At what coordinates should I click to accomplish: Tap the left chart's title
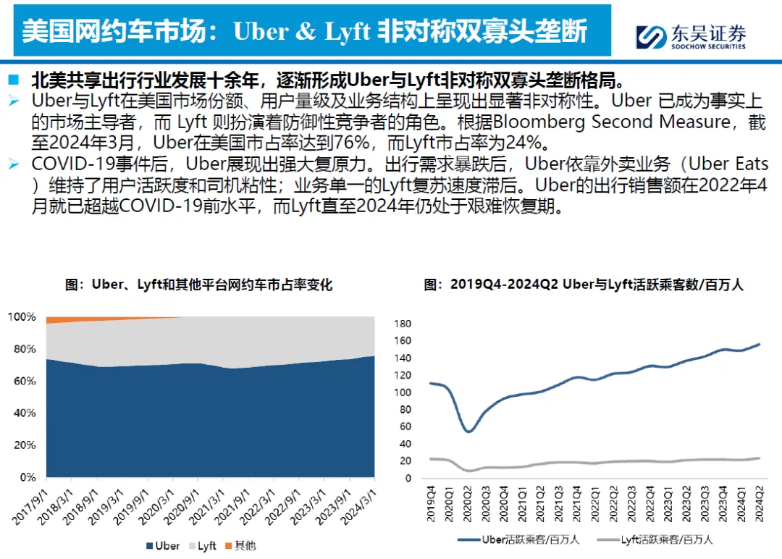click(198, 285)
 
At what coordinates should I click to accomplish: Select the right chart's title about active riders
click(584, 285)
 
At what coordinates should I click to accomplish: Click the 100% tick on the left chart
click(21, 317)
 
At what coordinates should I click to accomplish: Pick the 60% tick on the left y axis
click(24, 381)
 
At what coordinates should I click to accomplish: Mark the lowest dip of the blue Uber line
click(468, 432)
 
